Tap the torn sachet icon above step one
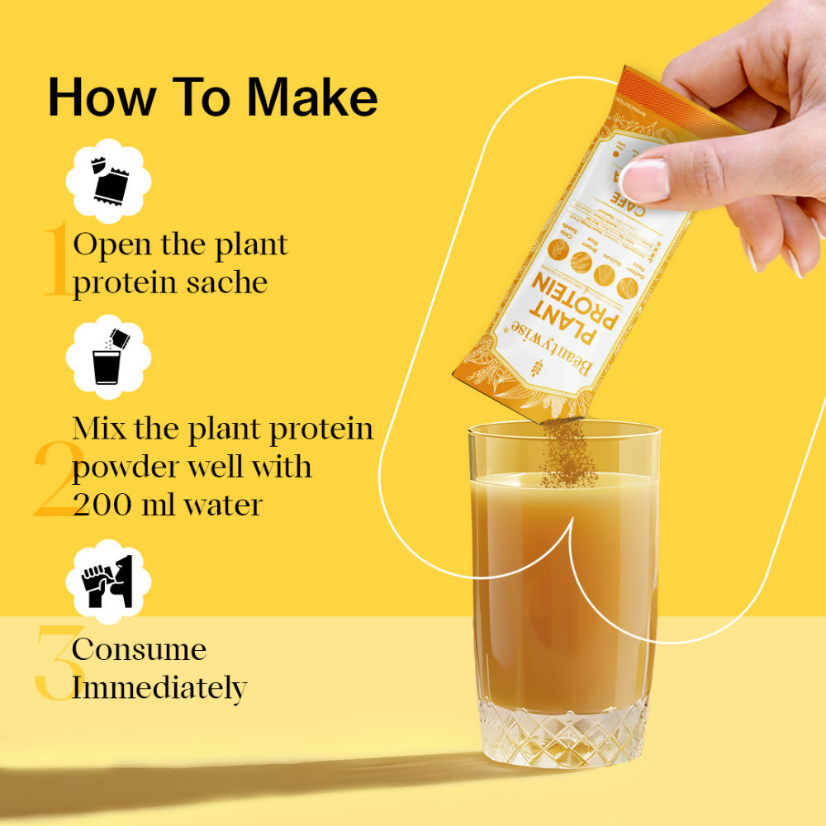click(107, 183)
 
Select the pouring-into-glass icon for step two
click(107, 361)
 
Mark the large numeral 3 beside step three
click(53, 662)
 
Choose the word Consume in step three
click(139, 649)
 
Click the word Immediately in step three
click(159, 687)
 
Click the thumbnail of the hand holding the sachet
click(644, 176)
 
